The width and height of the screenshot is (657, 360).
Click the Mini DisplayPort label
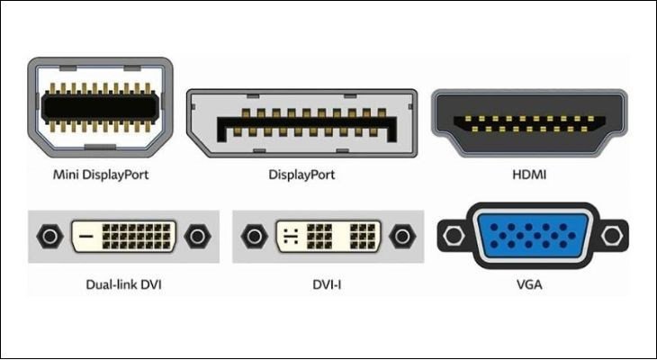pyautogui.click(x=101, y=174)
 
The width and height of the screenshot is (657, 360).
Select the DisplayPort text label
pyautogui.click(x=301, y=174)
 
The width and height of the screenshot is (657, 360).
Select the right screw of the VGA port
pyautogui.click(x=612, y=237)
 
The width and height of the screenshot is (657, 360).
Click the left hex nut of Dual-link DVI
pyautogui.click(x=48, y=237)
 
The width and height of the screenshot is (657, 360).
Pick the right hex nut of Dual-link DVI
pyautogui.click(x=195, y=237)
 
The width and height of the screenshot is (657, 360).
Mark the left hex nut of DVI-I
pyautogui.click(x=255, y=237)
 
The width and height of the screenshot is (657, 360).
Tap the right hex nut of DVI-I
pyautogui.click(x=402, y=237)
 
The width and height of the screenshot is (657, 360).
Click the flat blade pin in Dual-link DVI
pyautogui.click(x=86, y=238)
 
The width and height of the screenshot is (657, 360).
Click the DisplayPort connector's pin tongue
pyautogui.click(x=301, y=126)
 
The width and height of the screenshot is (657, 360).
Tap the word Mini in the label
pyautogui.click(x=66, y=174)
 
